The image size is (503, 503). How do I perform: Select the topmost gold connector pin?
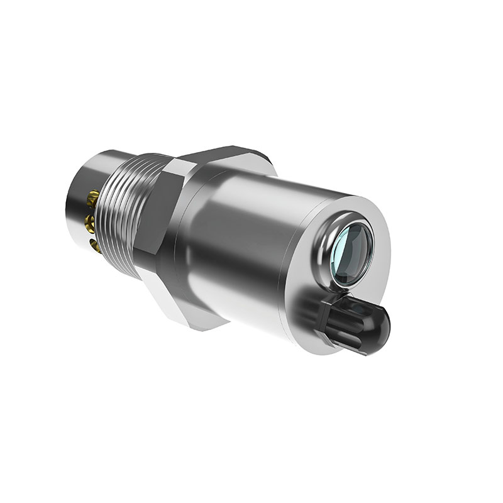(x=93, y=196)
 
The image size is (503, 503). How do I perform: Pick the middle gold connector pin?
(x=90, y=221)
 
